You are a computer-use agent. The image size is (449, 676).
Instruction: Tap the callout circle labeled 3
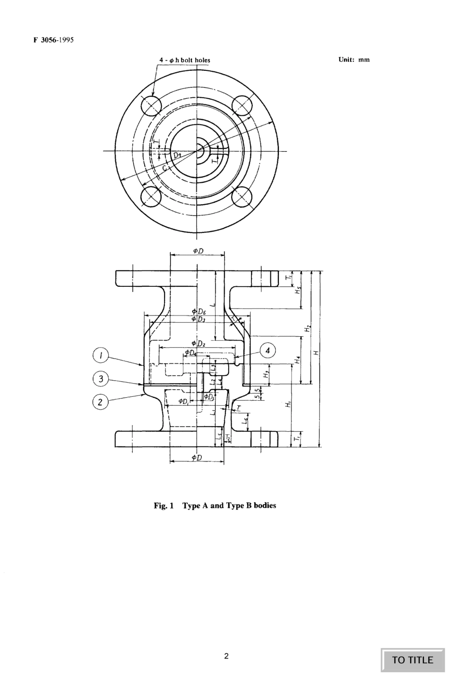[100, 378]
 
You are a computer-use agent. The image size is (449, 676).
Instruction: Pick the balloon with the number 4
[268, 351]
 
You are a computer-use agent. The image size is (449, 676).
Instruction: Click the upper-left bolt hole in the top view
[152, 106]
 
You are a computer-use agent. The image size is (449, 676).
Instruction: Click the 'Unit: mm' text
[354, 60]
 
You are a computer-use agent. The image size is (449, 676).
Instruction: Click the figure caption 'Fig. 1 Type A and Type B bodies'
[215, 505]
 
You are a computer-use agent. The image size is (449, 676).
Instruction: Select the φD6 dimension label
[199, 311]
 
